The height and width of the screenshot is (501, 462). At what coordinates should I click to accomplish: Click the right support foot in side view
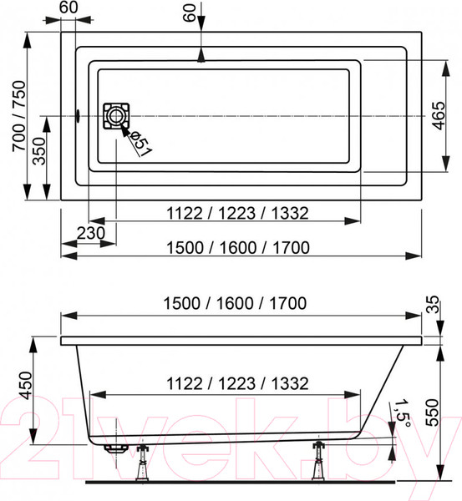[x=319, y=463]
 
